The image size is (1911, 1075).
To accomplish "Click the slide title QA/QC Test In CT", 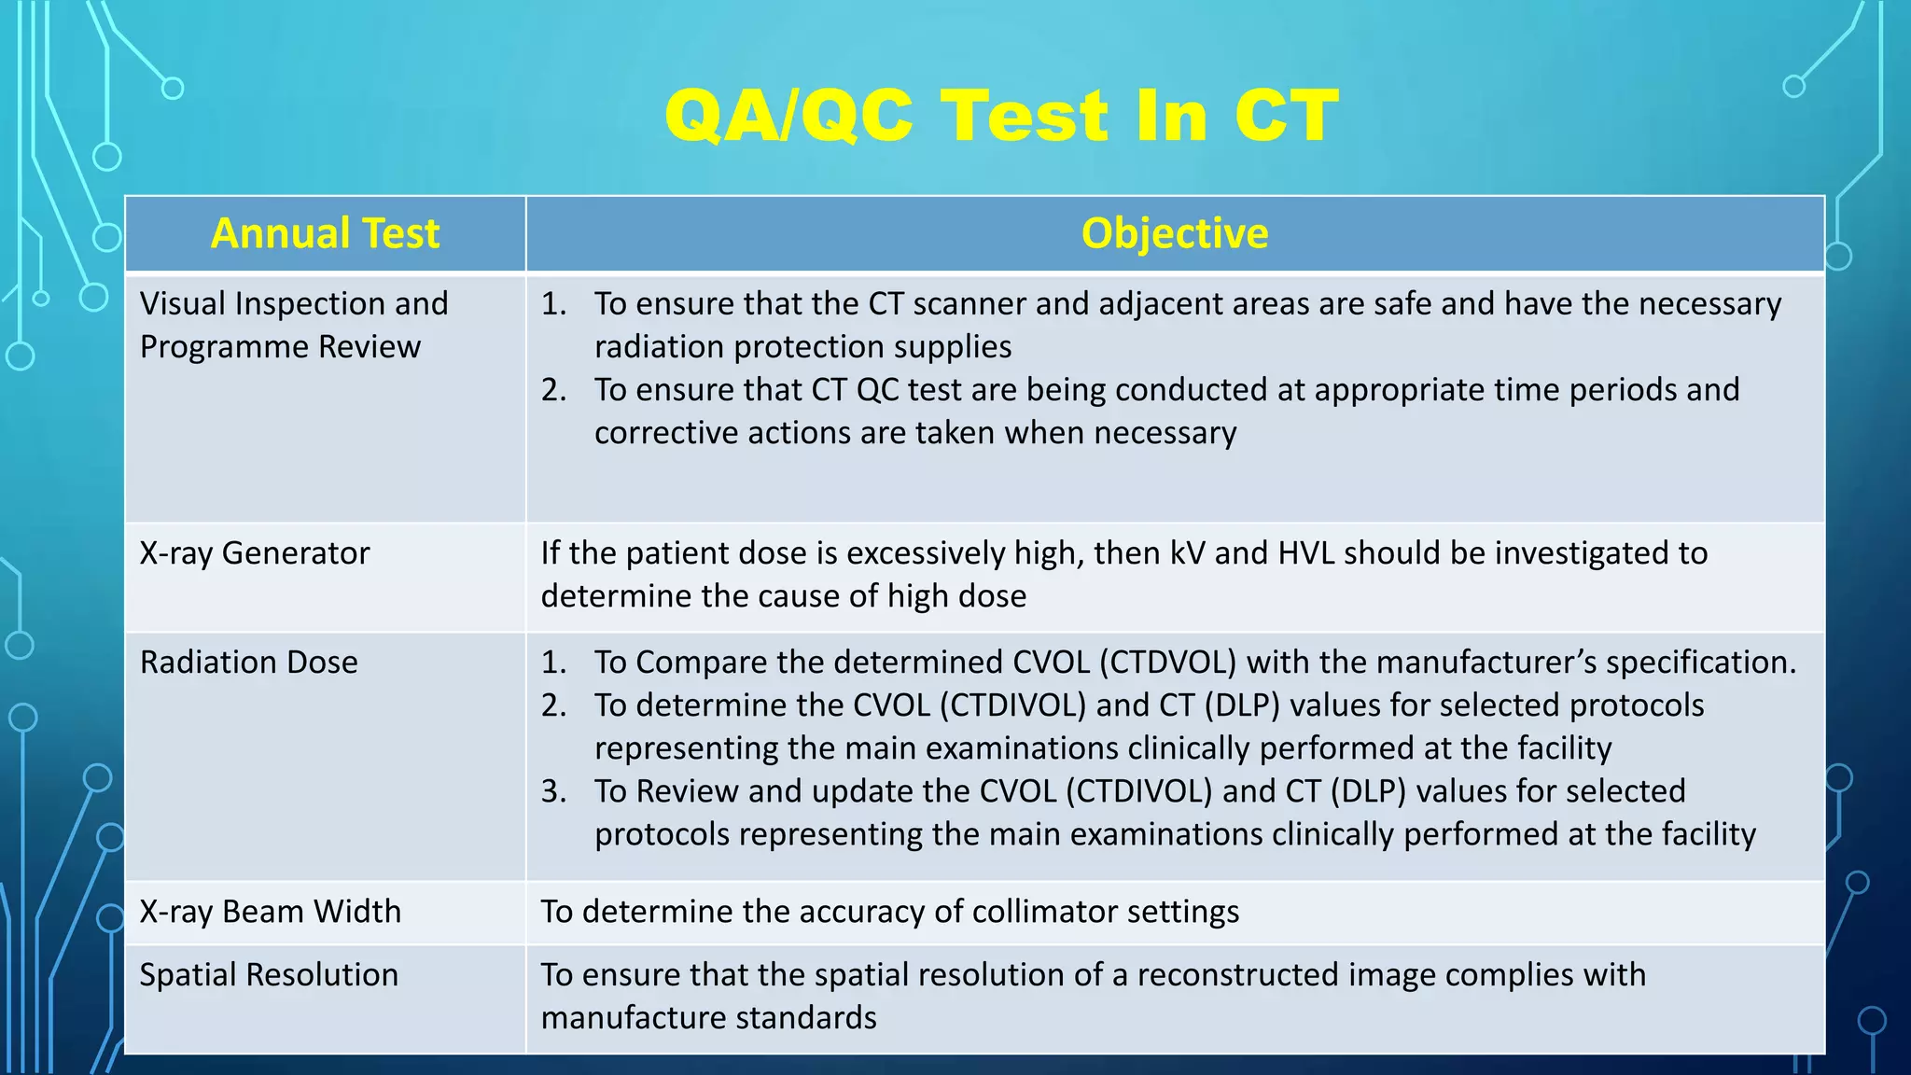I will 1001,116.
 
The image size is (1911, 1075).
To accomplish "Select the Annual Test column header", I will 325,233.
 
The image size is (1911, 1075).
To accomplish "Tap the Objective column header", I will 1174,233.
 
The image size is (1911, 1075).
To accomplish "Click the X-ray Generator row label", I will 255,553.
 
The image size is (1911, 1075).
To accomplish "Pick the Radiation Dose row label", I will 249,663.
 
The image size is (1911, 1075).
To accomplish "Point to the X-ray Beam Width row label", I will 271,912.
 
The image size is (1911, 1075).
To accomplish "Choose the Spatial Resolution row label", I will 269,975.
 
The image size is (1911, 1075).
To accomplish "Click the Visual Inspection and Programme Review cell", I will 294,325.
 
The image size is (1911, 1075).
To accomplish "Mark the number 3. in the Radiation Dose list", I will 553,791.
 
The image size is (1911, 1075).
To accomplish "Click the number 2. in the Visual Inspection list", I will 553,390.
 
